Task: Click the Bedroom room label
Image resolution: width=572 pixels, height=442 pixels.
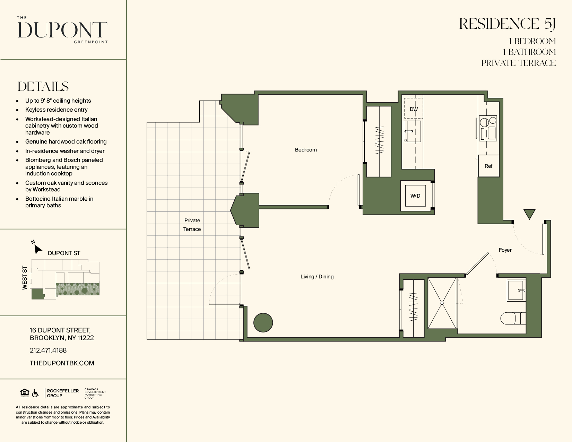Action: click(x=306, y=150)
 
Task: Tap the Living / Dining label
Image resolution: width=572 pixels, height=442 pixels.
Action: click(x=317, y=276)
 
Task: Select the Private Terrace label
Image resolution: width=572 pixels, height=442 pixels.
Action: click(x=192, y=225)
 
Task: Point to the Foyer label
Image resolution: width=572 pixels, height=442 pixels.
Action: click(x=505, y=250)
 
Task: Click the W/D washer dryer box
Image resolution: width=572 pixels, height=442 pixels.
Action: click(x=415, y=196)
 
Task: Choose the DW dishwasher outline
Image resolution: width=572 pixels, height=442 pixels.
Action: click(x=414, y=109)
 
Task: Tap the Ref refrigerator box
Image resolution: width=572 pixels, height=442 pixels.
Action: click(x=488, y=166)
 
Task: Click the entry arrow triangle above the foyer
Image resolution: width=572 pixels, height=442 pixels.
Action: click(x=529, y=214)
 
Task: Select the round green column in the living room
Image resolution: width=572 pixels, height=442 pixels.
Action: click(x=263, y=322)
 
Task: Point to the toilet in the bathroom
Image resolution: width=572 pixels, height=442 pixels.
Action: click(x=513, y=318)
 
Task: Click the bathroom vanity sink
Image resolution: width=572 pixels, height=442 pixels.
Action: click(x=516, y=290)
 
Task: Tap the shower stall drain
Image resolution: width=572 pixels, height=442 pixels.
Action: click(x=442, y=303)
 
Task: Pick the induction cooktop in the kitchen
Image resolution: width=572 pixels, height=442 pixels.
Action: click(x=488, y=128)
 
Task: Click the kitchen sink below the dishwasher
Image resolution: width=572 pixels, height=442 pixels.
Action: click(x=412, y=131)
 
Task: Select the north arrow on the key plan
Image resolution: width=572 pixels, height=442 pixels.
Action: click(x=38, y=249)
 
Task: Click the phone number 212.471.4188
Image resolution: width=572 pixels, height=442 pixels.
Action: click(x=48, y=350)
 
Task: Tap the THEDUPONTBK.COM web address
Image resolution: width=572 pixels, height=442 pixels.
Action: click(x=62, y=363)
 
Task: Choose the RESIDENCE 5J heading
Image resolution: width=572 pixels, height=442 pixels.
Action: click(x=508, y=24)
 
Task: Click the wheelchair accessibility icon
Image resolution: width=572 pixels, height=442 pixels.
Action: click(x=35, y=393)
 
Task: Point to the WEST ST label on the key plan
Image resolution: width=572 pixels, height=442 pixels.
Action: click(x=25, y=278)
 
